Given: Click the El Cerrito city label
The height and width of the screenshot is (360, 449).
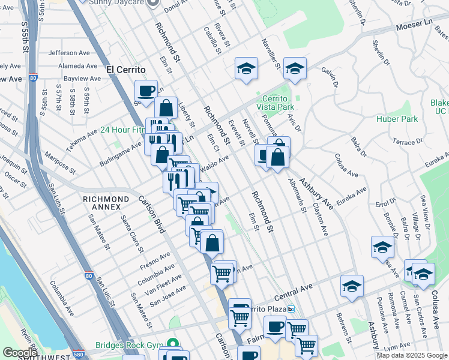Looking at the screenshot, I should (126, 70).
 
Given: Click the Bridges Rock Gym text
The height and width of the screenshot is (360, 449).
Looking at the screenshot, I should (128, 345).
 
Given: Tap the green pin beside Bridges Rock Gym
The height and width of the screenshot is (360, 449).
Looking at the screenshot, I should (173, 344).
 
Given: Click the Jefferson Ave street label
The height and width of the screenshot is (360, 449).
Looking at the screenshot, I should (73, 53).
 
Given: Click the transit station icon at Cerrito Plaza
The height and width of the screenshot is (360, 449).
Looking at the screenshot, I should (291, 309).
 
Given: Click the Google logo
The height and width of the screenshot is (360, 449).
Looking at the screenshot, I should (20, 353).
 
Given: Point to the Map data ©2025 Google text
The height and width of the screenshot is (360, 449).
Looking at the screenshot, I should (411, 355).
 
